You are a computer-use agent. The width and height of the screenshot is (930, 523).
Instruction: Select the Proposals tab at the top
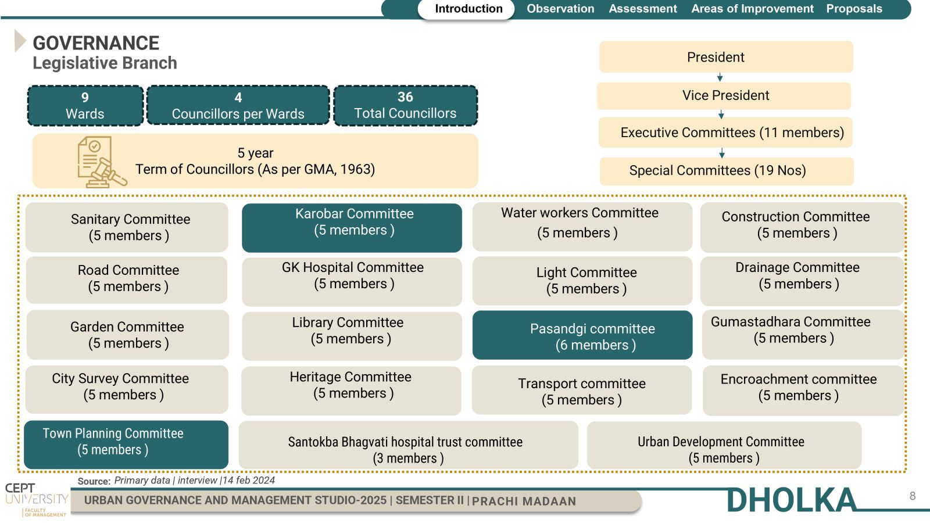pyautogui.click(x=854, y=9)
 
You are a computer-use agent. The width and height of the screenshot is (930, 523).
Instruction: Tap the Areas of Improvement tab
pyautogui.click(x=752, y=9)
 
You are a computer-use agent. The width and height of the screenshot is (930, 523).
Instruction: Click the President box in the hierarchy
pyautogui.click(x=726, y=57)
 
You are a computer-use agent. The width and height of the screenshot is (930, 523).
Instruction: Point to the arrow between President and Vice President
pyautogui.click(x=720, y=78)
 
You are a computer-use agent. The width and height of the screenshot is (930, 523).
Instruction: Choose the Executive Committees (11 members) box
pyautogui.click(x=725, y=132)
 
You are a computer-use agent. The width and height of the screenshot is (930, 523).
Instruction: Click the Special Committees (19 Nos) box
pyautogui.click(x=727, y=171)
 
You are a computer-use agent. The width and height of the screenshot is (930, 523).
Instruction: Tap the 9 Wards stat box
pyautogui.click(x=85, y=105)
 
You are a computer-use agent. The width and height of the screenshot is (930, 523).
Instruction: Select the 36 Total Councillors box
pyautogui.click(x=405, y=105)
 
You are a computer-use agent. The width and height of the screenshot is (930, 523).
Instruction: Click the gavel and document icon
pyautogui.click(x=102, y=162)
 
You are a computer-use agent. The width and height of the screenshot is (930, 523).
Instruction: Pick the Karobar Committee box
pyautogui.click(x=352, y=228)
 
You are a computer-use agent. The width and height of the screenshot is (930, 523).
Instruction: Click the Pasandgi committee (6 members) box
pyautogui.click(x=582, y=335)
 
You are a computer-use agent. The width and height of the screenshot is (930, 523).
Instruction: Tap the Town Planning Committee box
pyautogui.click(x=126, y=445)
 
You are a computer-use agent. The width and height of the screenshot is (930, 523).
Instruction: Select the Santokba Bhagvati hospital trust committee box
pyautogui.click(x=408, y=445)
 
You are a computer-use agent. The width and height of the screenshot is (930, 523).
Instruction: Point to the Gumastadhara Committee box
pyautogui.click(x=803, y=334)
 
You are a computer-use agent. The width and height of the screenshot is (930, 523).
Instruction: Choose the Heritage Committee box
pyautogui.click(x=351, y=391)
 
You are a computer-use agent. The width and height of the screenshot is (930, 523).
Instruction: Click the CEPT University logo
pyautogui.click(x=37, y=500)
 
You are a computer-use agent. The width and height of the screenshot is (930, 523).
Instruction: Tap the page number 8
pyautogui.click(x=913, y=496)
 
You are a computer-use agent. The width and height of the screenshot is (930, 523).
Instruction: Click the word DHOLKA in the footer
pyautogui.click(x=791, y=500)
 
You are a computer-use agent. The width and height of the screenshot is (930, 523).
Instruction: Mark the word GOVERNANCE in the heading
pyautogui.click(x=96, y=43)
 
